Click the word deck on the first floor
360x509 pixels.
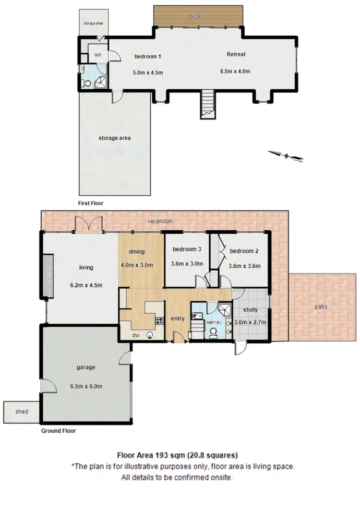coord(194,16)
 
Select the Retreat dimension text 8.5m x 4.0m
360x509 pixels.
coord(236,71)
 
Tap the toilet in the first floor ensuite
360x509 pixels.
coord(87,83)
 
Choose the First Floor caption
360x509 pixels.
coord(91,203)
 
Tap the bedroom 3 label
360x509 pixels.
coord(187,249)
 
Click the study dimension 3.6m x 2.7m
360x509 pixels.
coord(251,321)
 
